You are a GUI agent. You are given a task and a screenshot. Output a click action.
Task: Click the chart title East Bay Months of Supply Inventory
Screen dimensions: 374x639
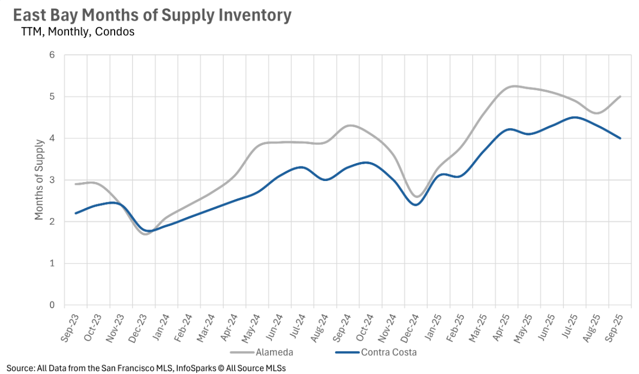tap(152, 15)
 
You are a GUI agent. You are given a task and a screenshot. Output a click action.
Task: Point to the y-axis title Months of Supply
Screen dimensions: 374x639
tap(39, 180)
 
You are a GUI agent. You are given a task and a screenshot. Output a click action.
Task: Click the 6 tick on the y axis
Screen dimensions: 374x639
tap(53, 55)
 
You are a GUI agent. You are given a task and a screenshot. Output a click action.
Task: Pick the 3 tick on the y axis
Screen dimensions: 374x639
tap(53, 180)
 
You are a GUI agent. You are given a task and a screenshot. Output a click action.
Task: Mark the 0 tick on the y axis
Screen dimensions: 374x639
tap(53, 305)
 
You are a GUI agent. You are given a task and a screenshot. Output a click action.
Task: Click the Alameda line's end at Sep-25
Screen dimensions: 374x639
tap(621, 97)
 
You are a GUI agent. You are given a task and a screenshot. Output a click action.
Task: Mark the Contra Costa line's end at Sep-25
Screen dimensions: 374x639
tap(621, 138)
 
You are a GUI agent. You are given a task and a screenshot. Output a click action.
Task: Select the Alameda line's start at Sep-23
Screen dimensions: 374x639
tap(76, 184)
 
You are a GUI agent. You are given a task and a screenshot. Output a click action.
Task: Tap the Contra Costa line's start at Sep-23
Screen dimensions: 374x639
tap(76, 213)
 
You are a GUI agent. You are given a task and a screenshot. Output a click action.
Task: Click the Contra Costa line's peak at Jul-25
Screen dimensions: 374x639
tap(575, 117)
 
